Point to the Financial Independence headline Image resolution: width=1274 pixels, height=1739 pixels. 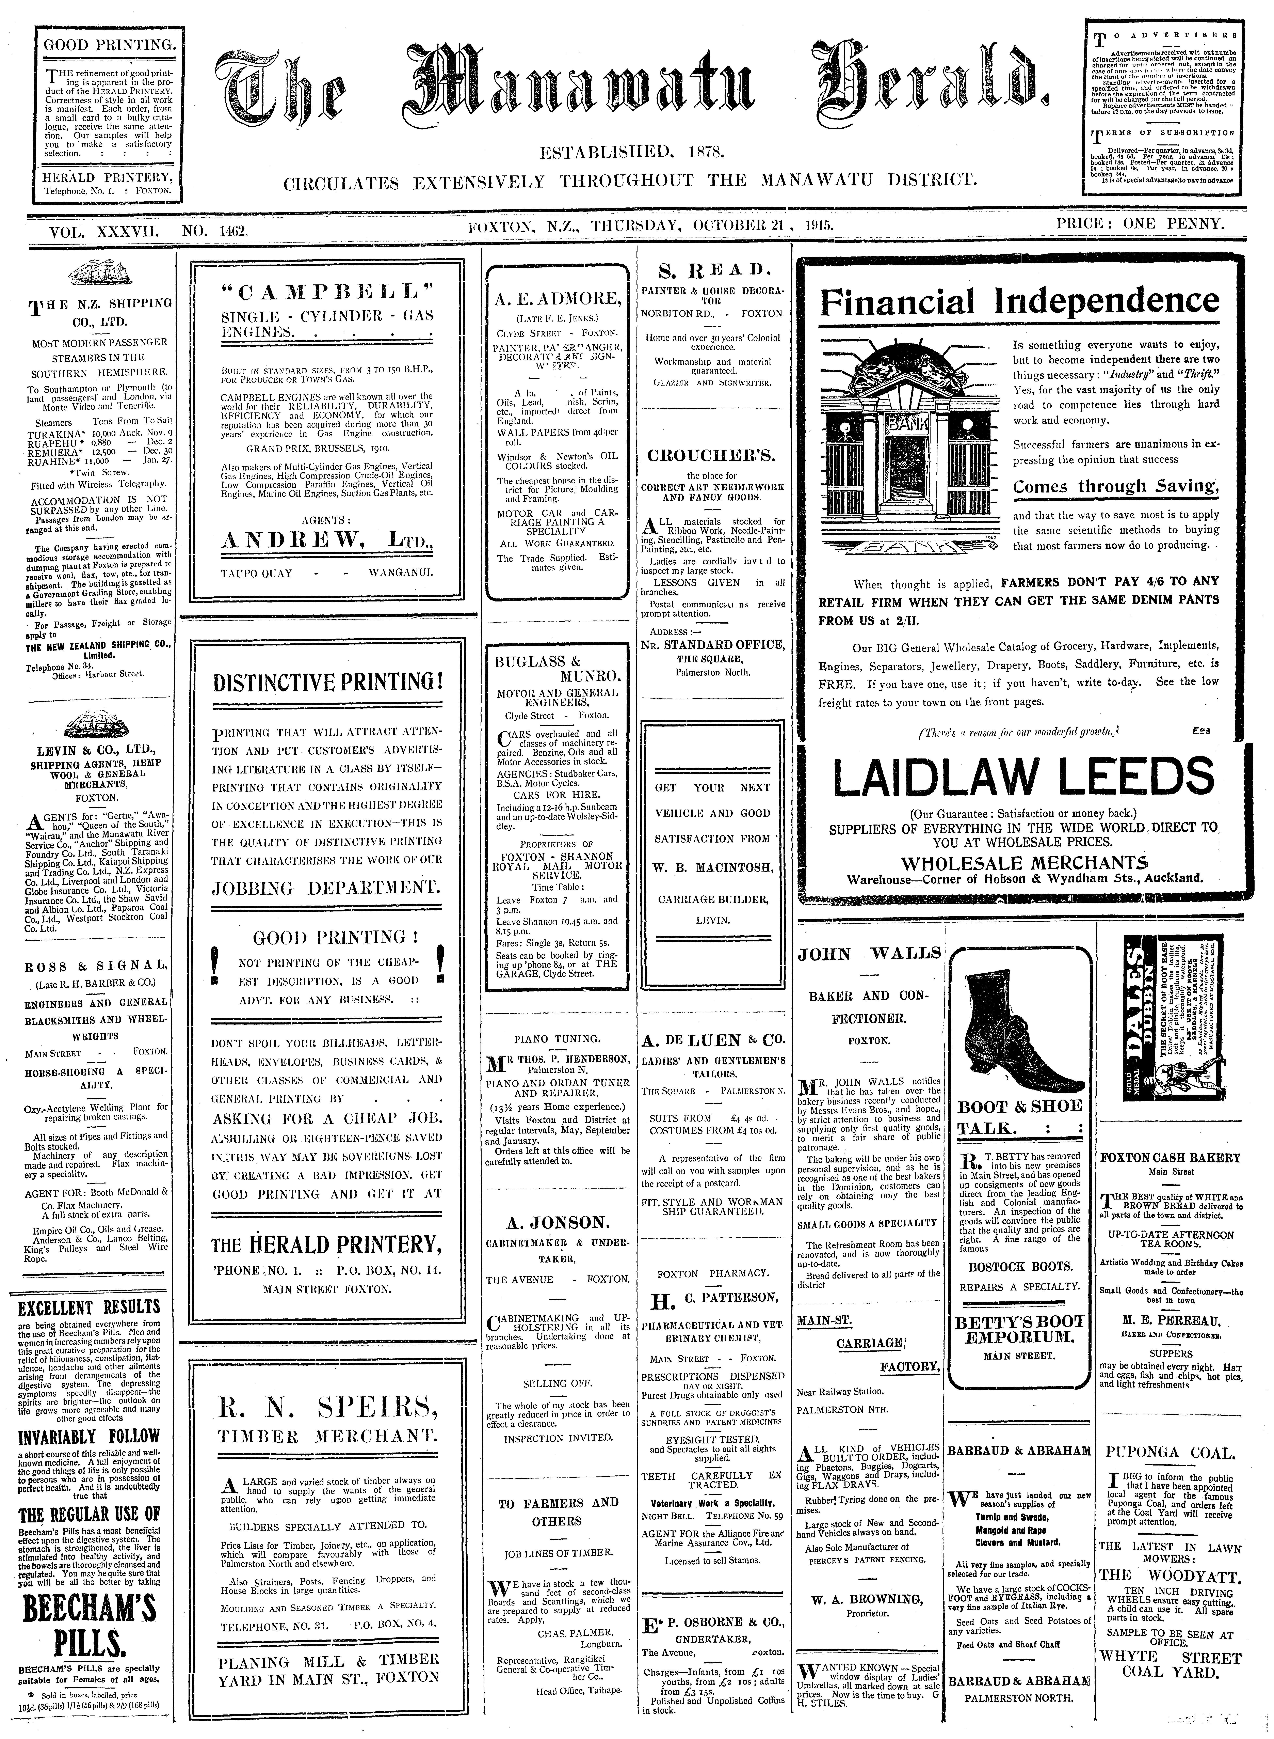(1019, 301)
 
